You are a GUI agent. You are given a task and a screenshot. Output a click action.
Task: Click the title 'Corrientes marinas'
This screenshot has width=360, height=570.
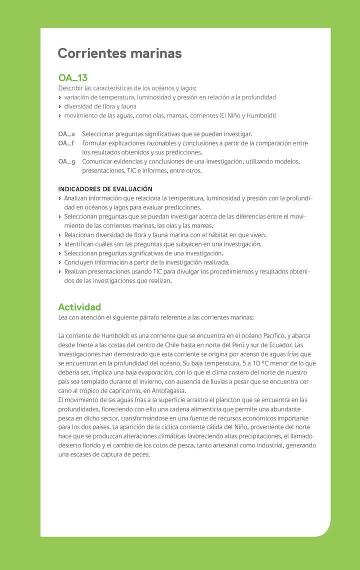(119, 53)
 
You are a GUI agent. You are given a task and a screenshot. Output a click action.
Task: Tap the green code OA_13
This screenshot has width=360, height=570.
(72, 78)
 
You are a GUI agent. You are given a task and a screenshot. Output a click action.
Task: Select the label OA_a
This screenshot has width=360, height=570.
(66, 134)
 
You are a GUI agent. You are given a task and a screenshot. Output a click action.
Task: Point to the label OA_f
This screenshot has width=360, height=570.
(66, 143)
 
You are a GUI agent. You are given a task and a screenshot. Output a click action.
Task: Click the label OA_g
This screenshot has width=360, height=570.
(66, 161)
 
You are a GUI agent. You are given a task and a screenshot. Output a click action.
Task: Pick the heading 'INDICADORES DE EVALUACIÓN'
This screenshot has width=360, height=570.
(105, 189)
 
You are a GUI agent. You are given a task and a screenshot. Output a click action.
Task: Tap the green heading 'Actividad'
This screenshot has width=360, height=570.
(79, 307)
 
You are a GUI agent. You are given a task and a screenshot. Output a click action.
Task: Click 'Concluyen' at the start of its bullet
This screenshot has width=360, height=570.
(78, 262)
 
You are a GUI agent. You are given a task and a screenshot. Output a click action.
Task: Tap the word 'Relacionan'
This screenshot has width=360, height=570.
(80, 235)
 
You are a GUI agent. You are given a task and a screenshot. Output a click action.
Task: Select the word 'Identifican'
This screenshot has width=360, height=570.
(79, 244)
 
